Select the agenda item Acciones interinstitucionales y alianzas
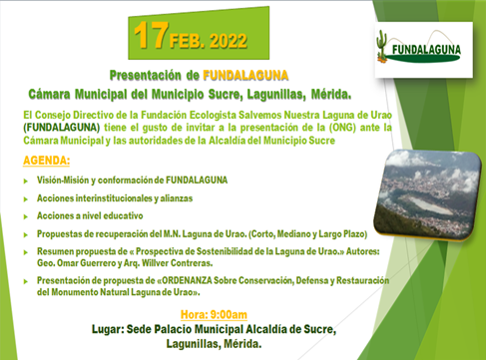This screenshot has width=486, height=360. (125, 197)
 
